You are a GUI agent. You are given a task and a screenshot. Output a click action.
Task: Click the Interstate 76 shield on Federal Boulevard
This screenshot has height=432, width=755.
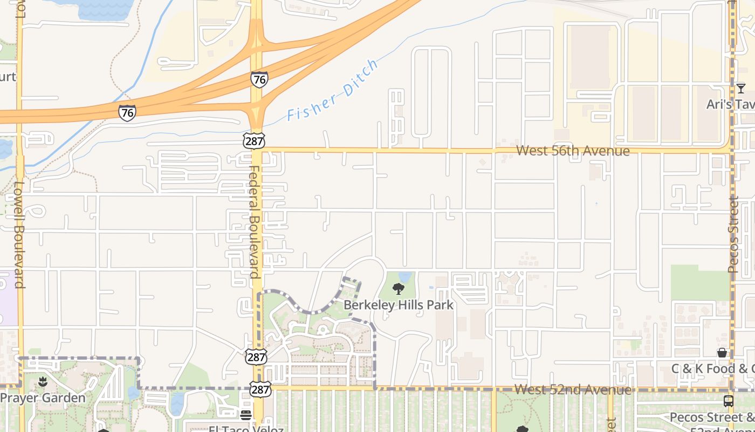pos(259,80)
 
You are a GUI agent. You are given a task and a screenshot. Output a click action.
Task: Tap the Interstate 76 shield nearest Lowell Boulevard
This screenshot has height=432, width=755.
pos(127,112)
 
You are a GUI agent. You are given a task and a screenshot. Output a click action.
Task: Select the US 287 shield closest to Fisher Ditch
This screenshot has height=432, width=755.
pos(254,141)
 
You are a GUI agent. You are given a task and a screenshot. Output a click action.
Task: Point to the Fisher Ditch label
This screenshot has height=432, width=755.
pos(333,91)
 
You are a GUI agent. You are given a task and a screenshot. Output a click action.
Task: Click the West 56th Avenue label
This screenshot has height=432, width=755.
pos(573,151)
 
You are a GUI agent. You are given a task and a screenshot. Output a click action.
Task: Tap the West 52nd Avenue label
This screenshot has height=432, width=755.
pos(572,389)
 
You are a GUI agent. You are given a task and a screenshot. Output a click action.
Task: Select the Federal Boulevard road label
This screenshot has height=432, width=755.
pos(255,221)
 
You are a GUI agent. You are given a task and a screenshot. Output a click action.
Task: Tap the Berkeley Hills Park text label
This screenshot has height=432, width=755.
pos(399,305)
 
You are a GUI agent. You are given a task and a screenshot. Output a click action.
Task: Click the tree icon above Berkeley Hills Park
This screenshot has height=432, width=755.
pos(399,289)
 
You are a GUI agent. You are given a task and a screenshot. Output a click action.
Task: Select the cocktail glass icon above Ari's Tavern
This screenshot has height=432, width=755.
pos(740,88)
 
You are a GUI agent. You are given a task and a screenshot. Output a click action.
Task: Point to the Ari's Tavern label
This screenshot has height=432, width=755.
pos(731,104)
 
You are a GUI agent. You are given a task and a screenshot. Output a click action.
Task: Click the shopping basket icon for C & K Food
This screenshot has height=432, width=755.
pos(722,353)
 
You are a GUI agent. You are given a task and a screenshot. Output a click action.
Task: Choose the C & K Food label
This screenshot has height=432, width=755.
pos(712,369)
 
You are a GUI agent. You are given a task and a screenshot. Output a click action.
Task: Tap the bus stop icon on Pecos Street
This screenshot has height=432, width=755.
pos(728,401)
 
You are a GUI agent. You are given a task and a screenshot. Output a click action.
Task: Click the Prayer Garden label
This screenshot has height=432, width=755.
pos(43,398)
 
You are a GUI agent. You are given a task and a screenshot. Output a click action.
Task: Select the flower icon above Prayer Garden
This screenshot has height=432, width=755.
pos(43,382)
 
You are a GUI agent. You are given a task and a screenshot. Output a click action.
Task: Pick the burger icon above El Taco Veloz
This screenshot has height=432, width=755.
pos(246,415)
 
